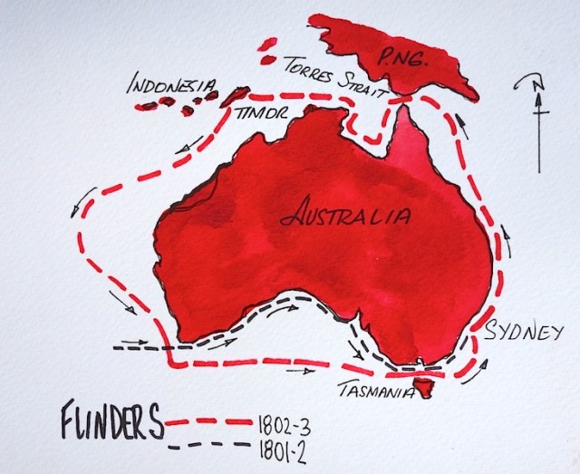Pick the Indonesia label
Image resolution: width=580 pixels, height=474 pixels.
click(x=172, y=86)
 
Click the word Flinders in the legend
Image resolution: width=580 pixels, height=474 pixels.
click(x=112, y=422)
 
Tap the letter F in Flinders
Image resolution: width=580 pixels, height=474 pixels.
click(x=72, y=423)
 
